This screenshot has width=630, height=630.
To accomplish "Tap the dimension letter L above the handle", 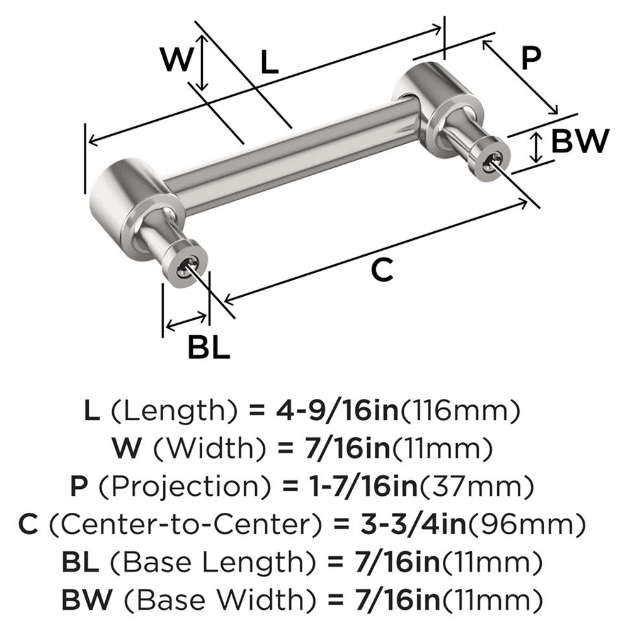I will point(269,63).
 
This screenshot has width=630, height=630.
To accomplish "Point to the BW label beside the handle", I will point(580,141).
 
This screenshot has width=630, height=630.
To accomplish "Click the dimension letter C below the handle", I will point(382,270).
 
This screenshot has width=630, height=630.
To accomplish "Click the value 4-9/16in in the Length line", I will point(338,412).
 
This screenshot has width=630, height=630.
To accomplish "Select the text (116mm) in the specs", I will point(459,412).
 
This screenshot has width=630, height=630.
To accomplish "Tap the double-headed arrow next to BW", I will point(535,147).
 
